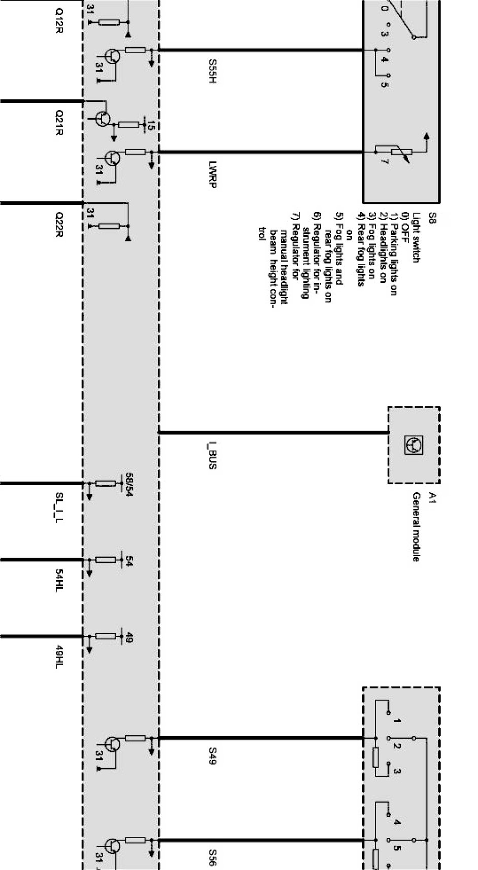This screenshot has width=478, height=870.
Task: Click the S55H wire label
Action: (x=213, y=71)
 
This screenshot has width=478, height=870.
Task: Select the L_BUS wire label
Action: (x=213, y=455)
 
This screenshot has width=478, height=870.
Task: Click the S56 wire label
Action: (x=213, y=857)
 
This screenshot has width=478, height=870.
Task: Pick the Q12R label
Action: (x=59, y=20)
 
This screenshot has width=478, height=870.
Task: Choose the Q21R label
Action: (x=59, y=123)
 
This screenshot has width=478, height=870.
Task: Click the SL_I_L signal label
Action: (x=59, y=507)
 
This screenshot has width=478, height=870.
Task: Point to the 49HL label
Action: (x=59, y=656)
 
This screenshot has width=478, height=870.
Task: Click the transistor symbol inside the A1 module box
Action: (x=414, y=445)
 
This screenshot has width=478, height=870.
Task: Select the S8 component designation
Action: (x=432, y=219)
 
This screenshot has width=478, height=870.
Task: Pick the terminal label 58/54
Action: (x=129, y=485)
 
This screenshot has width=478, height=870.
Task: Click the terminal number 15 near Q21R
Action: (x=150, y=125)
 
